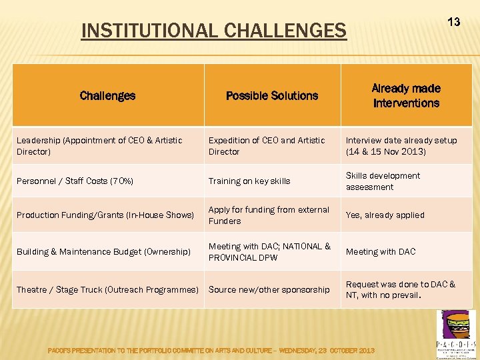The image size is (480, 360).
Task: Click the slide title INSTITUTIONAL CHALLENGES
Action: [x=213, y=31]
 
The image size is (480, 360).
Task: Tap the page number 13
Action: [x=453, y=22]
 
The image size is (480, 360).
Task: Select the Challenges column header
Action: [x=107, y=95]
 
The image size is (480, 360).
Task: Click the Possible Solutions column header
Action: [x=272, y=95]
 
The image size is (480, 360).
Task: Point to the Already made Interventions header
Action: [x=406, y=95]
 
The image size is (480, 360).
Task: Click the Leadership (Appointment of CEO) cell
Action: [x=99, y=146]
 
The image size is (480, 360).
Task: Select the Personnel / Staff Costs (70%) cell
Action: [x=75, y=181]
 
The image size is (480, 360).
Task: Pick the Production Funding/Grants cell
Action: [x=105, y=215]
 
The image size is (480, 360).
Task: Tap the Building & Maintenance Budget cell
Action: [x=103, y=251]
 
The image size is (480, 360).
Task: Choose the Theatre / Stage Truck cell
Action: [x=107, y=289]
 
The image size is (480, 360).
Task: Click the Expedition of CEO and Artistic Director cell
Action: [x=267, y=146]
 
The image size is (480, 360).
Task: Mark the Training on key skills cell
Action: [x=249, y=181]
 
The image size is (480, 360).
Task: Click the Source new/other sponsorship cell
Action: [x=269, y=289]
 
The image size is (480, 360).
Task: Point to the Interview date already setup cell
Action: [x=401, y=146]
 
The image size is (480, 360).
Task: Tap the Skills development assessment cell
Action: [x=383, y=181]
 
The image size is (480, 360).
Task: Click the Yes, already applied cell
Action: [x=385, y=215]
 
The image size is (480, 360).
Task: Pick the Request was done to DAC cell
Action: [x=400, y=289]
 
